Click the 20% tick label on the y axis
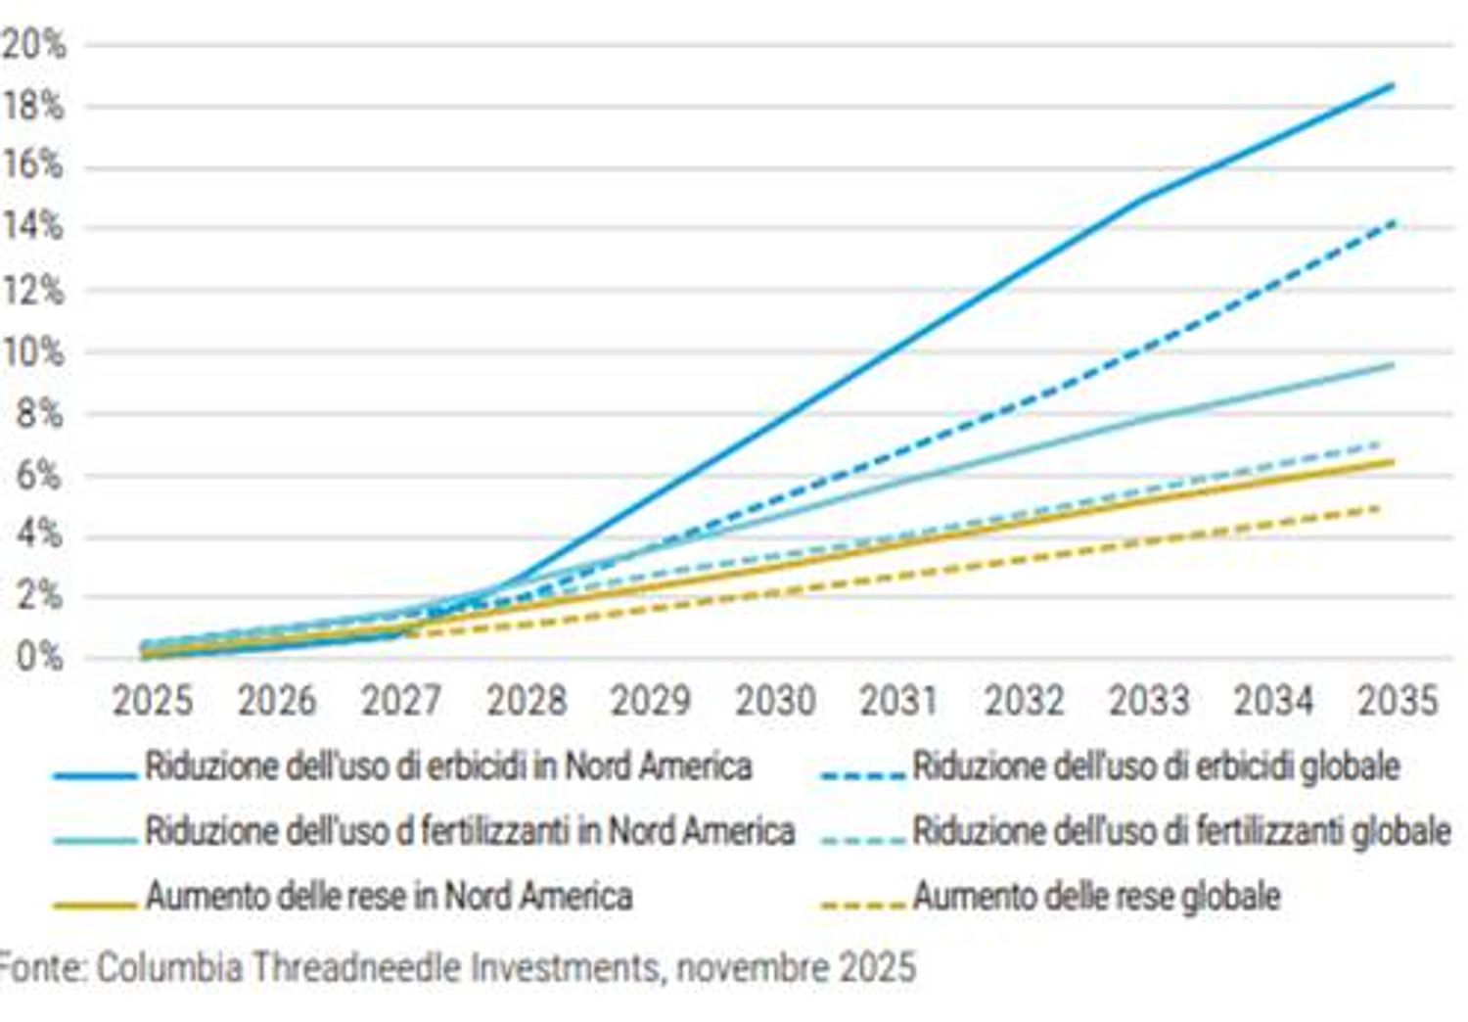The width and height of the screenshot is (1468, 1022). tap(33, 45)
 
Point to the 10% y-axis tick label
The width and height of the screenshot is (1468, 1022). tap(33, 352)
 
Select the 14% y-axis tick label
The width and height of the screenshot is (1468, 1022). tap(33, 228)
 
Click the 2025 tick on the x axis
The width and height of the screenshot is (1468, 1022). tap(153, 701)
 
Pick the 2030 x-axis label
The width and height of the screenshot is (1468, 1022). tap(775, 701)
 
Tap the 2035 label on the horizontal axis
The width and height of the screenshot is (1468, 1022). tap(1397, 701)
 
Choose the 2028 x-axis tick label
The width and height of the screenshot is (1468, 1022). tap(527, 701)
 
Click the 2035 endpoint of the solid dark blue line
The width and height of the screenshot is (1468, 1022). tap(1393, 86)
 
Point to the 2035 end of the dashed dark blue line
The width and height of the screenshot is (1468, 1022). tap(1393, 223)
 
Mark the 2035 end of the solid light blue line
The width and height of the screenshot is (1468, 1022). tap(1393, 365)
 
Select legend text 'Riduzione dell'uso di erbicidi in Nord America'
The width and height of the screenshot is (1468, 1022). tap(448, 766)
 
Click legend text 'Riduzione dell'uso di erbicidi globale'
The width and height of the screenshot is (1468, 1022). tap(1156, 766)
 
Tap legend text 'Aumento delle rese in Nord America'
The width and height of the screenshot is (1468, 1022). tap(389, 896)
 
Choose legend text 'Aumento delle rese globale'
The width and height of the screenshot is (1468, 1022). tap(1096, 896)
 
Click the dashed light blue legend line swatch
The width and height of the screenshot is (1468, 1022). tap(863, 840)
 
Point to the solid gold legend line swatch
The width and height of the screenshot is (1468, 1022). tap(95, 906)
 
